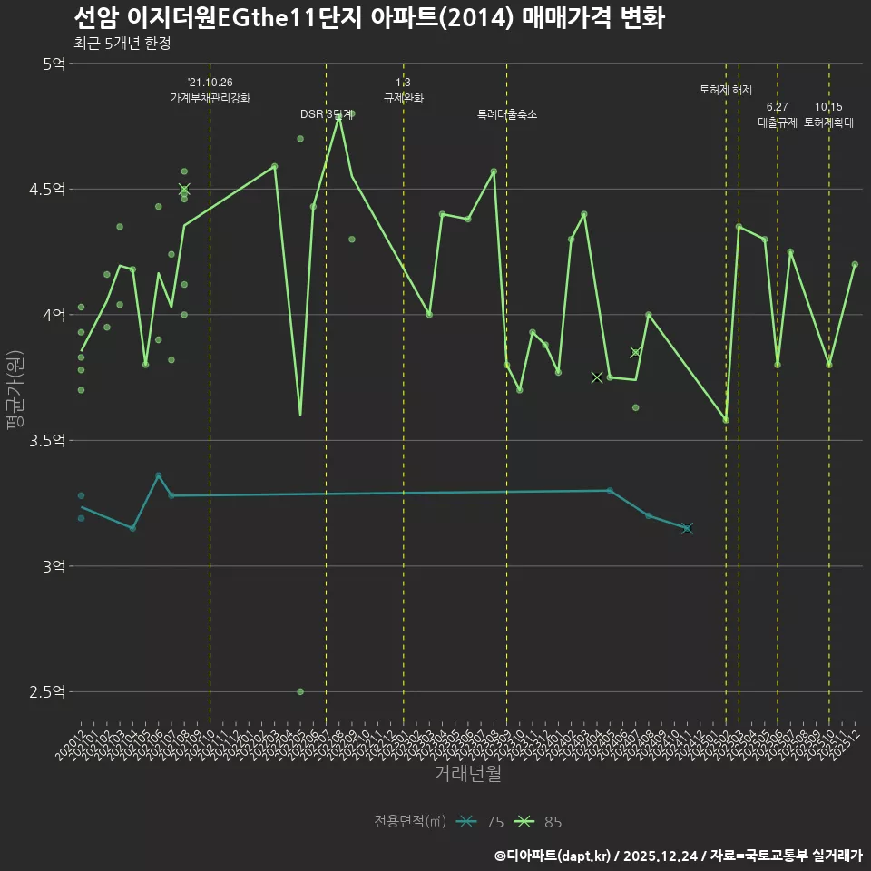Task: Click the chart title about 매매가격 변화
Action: [x=368, y=19]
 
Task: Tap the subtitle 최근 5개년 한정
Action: [x=122, y=43]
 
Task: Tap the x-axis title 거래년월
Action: [x=466, y=774]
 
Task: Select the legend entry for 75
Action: [x=480, y=822]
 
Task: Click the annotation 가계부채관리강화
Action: [x=210, y=98]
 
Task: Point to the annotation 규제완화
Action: [x=404, y=98]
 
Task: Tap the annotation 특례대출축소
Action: [x=507, y=115]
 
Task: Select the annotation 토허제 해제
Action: [x=726, y=90]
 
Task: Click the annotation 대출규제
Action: [x=778, y=122]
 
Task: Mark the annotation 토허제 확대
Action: [x=828, y=122]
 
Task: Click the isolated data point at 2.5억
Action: [x=300, y=691]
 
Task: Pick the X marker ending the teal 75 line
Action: [x=687, y=528]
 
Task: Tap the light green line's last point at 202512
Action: [x=855, y=264]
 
